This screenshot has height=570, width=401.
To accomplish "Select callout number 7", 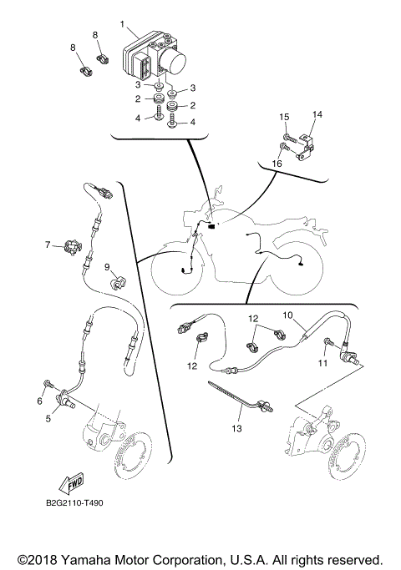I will click(48, 245).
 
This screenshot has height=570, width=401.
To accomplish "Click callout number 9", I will click(108, 267).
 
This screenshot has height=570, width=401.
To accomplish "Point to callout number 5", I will click(48, 418).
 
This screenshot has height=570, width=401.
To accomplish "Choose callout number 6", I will click(38, 401).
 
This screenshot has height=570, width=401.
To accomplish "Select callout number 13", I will click(236, 428).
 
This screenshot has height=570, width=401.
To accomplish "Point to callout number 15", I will click(283, 117).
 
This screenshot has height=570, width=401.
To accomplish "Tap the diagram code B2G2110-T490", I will click(74, 503).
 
